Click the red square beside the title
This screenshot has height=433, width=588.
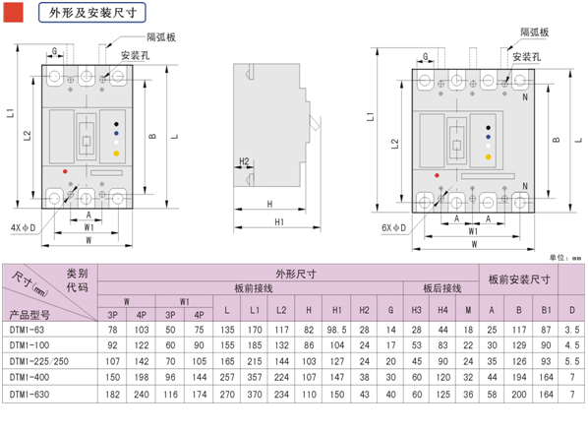coord(13,13)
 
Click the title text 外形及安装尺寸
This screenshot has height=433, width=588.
coord(92,13)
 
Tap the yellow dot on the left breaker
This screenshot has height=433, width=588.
coord(116,154)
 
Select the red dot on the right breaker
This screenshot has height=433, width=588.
coord(437,175)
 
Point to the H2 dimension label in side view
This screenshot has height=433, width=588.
coord(244,161)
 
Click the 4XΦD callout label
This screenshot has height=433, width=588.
coord(23,227)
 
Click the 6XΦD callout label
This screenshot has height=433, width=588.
coord(393,227)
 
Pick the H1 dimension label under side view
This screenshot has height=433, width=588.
coord(279,222)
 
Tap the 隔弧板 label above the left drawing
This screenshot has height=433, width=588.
coord(161,37)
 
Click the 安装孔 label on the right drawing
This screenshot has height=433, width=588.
coord(526,57)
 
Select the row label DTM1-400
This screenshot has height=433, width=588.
coord(29,377)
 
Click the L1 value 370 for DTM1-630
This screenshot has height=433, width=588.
coord(255,395)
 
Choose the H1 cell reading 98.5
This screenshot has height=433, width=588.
coord(336,330)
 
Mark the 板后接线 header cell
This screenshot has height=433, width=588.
coord(442,288)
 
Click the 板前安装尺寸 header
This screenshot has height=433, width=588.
coord(519,279)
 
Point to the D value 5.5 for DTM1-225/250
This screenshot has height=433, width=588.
coord(572,361)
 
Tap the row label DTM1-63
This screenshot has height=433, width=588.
coord(27,330)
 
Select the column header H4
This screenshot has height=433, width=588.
coord(442,310)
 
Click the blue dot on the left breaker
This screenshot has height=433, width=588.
coord(116,133)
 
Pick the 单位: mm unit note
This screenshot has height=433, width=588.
coord(565,258)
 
